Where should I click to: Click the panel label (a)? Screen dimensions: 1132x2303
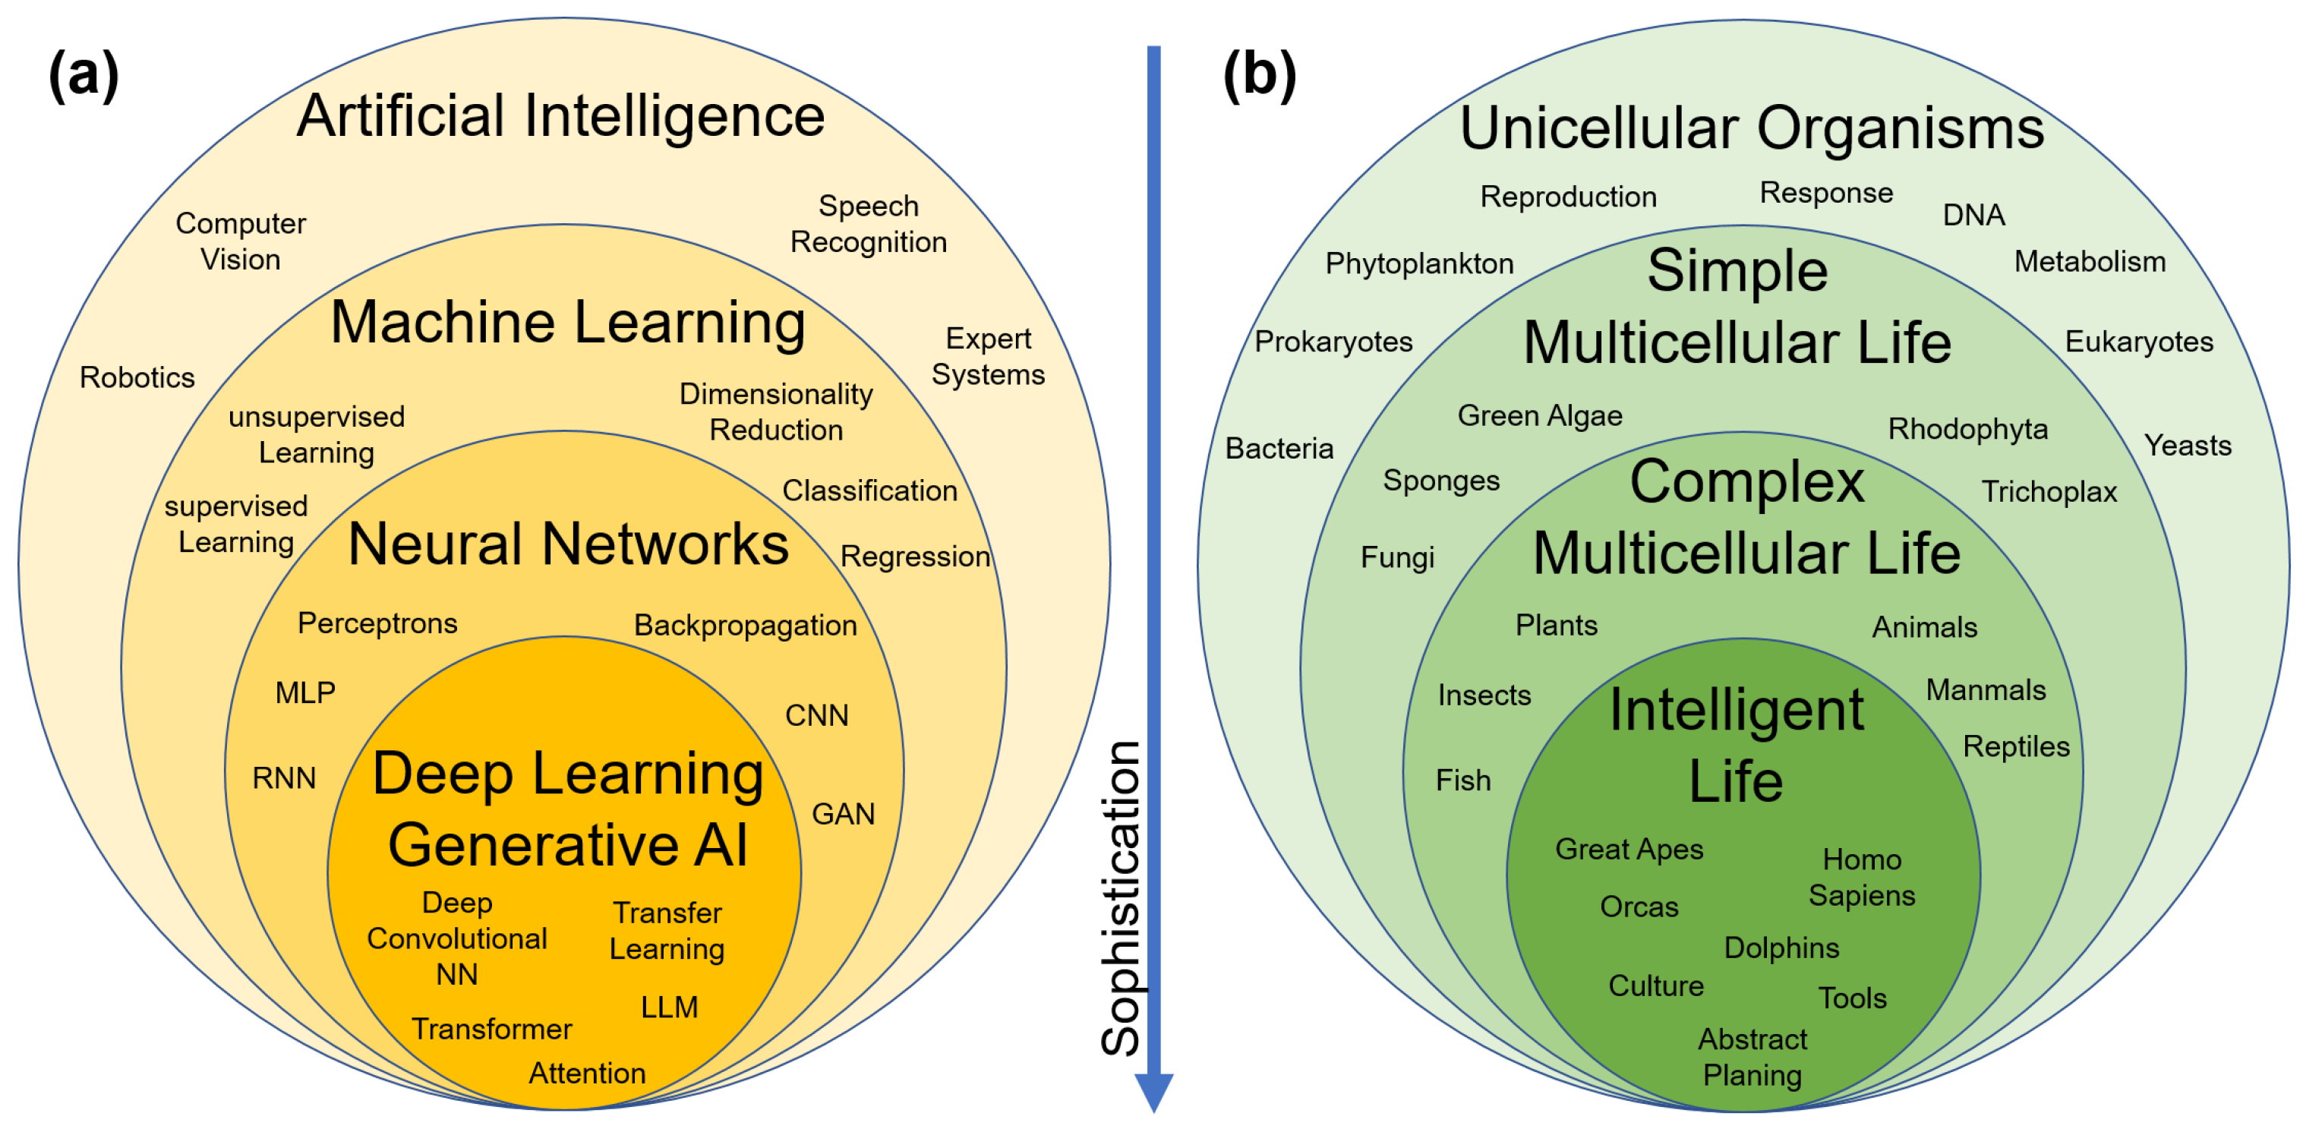(83, 75)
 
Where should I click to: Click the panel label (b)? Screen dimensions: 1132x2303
(1259, 75)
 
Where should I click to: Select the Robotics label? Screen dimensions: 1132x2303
(137, 377)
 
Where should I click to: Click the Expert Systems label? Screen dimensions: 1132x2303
(988, 356)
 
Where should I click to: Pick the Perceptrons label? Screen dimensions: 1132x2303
(377, 623)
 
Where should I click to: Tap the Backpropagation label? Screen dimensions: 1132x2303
(745, 626)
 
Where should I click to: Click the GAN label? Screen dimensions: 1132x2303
(843, 814)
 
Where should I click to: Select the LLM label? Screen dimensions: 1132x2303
(669, 1007)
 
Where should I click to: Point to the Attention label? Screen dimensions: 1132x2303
(586, 1073)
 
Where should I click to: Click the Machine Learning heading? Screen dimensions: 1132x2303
(568, 322)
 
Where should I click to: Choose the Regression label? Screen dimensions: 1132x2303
(914, 557)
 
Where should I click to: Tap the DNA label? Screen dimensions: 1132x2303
(1973, 215)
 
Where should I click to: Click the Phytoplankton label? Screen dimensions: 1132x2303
(1419, 263)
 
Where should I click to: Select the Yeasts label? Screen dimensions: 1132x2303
(2187, 446)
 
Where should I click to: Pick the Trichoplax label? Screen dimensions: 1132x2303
(2048, 492)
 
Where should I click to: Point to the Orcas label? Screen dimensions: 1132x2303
(1639, 907)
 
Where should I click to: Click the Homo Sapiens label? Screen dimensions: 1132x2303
(1861, 877)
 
